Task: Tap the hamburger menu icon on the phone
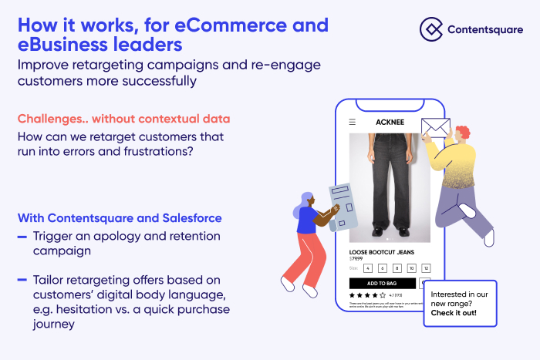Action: tap(353, 122)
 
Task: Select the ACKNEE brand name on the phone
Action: tap(390, 122)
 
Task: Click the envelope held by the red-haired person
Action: tap(435, 126)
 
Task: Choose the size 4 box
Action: tap(368, 268)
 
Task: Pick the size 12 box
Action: tap(425, 268)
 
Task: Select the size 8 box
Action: tap(397, 268)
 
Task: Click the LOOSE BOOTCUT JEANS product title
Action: tap(382, 252)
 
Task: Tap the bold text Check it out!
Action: tap(454, 313)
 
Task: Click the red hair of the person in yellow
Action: tap(462, 133)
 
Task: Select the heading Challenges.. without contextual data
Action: tap(123, 119)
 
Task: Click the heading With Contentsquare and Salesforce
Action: tap(120, 217)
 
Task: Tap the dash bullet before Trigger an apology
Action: tap(22, 236)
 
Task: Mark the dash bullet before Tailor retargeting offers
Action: tap(22, 278)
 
